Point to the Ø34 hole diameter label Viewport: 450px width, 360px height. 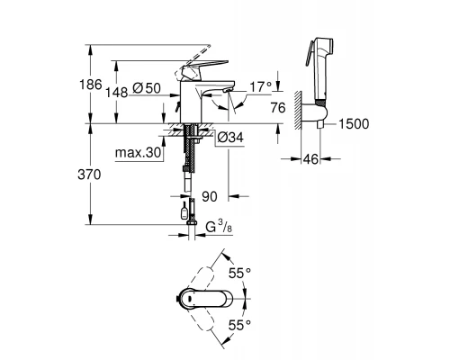coord(230,138)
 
